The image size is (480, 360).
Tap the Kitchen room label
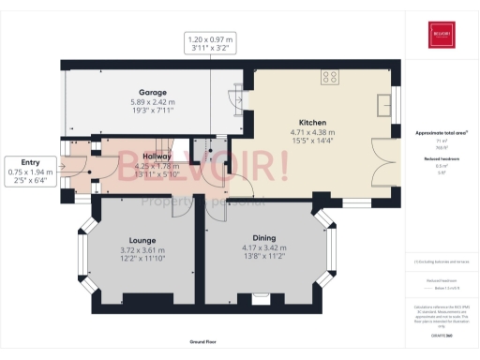tap(311, 123)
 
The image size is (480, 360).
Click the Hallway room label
tap(155, 157)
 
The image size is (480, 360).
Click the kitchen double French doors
tap(379, 166)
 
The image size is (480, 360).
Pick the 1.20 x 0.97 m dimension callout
tap(212, 40)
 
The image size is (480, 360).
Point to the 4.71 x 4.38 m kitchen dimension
tap(311, 132)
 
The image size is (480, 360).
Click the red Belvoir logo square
tap(441, 36)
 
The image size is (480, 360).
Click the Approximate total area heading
tap(441, 133)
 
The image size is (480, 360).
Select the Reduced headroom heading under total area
tap(441, 160)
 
